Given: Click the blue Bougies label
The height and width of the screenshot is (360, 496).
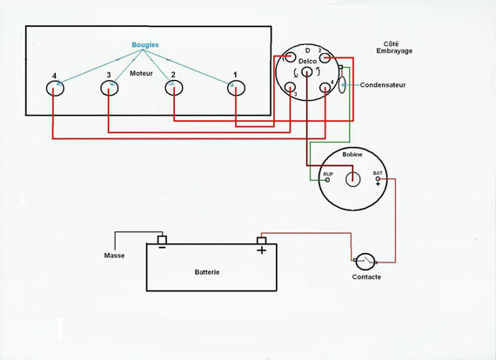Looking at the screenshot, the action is (145, 45).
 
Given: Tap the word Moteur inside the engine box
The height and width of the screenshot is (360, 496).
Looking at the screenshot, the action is (141, 73).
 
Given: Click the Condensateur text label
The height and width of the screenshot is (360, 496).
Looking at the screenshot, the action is (383, 85).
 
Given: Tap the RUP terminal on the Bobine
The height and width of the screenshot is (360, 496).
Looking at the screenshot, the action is (328, 180).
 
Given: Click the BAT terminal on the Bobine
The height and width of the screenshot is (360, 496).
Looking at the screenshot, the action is (378, 179).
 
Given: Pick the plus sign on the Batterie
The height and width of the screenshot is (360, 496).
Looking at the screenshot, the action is (261, 250).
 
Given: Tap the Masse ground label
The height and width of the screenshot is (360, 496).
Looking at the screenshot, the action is (114, 256).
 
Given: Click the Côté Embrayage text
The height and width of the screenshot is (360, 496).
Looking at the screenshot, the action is (394, 48).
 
